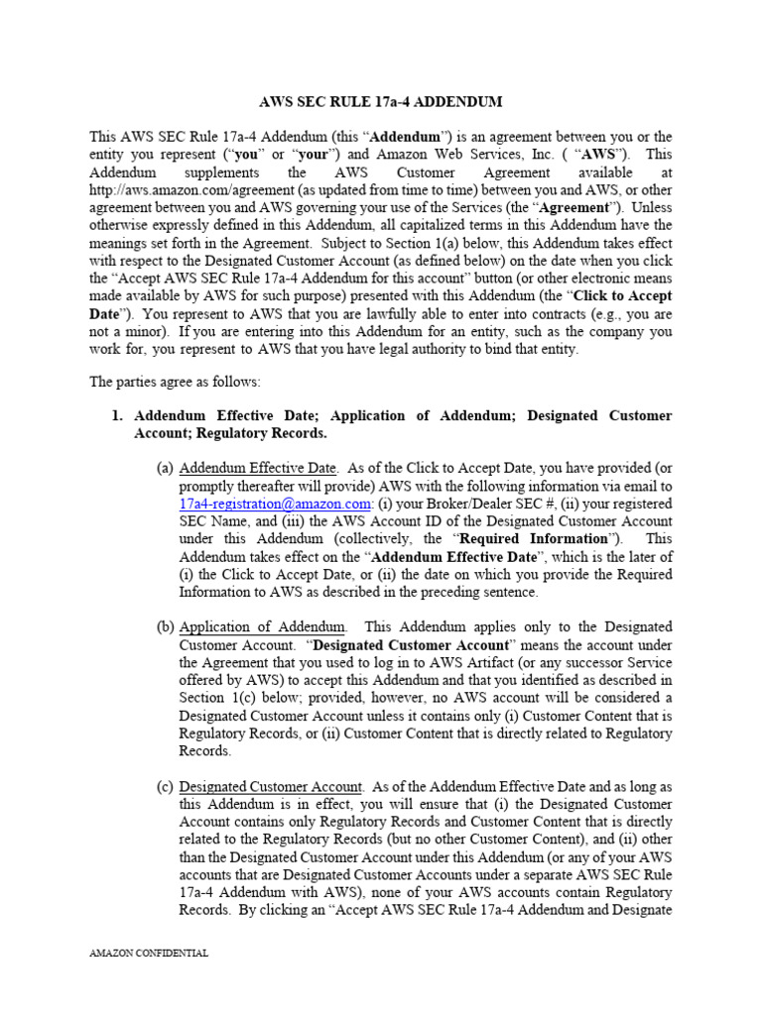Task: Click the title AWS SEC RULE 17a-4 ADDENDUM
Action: click(x=381, y=102)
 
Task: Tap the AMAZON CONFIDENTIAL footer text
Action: click(x=149, y=954)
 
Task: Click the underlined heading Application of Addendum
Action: click(x=263, y=627)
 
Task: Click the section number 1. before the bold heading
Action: click(x=117, y=415)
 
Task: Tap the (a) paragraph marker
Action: click(x=165, y=468)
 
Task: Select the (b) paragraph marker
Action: click(x=165, y=627)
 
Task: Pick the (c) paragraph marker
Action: click(x=165, y=787)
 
